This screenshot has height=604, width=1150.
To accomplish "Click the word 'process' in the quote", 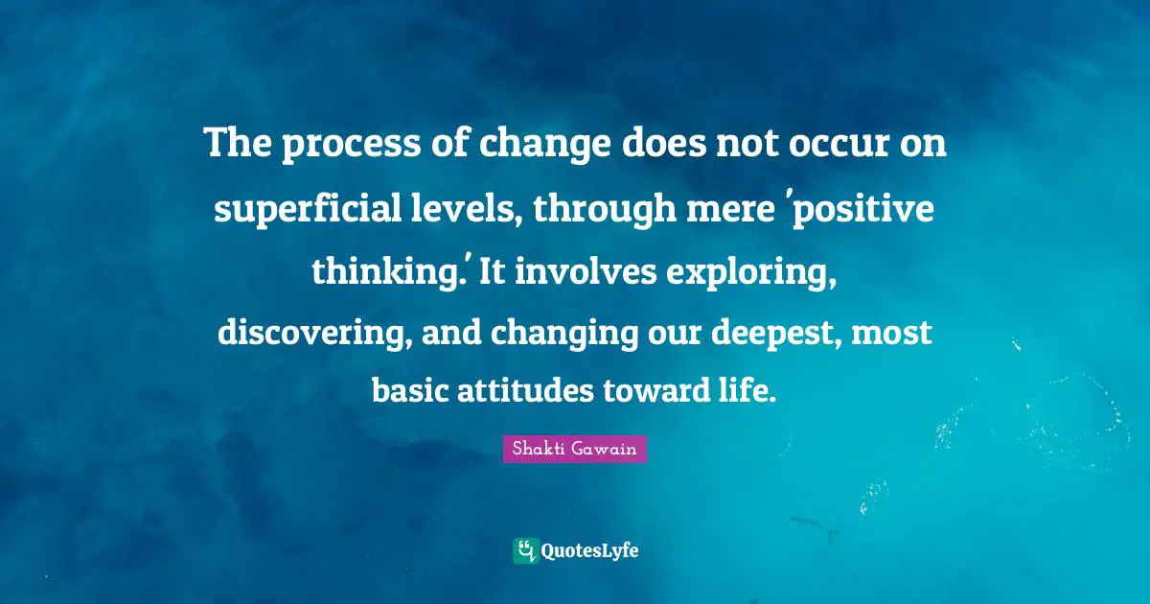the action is tap(351, 146).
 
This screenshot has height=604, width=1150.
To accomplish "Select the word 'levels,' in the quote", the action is tap(466, 207).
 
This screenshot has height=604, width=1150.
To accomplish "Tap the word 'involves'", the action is tap(586, 270).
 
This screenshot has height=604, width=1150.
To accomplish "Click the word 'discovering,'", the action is tap(314, 333).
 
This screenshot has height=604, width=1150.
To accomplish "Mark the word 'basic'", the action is tap(411, 390).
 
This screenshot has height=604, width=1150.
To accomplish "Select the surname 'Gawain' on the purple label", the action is tap(605, 449).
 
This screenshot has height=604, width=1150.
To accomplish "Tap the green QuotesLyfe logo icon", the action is tap(526, 551).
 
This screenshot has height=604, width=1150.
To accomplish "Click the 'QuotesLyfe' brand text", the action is tap(590, 551).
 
